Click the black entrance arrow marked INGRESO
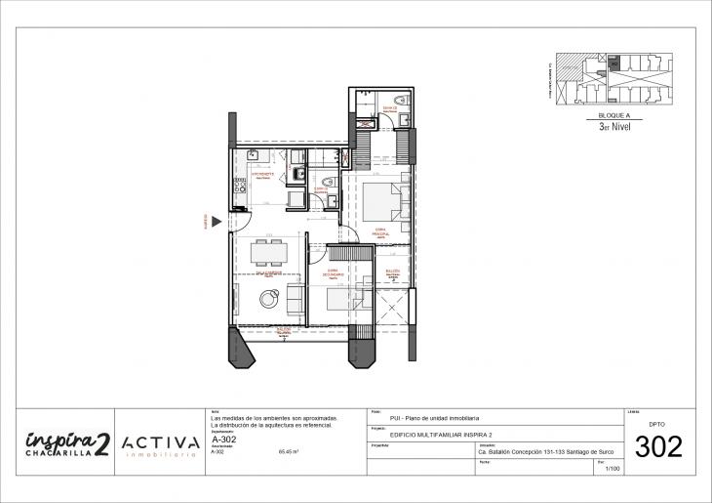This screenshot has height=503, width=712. (216, 222)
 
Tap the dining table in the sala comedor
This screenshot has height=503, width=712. (268, 253)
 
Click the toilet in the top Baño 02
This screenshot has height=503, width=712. (401, 101)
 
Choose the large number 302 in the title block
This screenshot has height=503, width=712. (658, 447)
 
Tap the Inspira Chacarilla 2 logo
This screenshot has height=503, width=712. (66, 443)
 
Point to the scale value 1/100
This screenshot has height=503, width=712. (613, 470)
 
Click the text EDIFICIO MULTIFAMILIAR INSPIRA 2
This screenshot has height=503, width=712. (423, 435)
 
